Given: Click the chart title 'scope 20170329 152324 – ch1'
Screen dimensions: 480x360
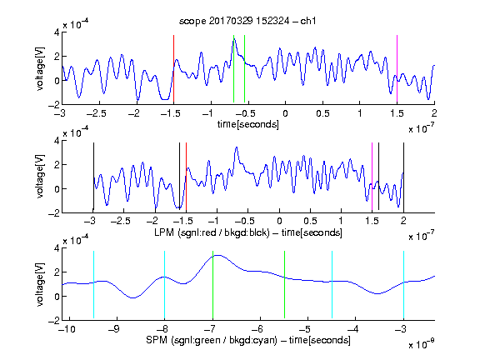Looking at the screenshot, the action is pos(247,21).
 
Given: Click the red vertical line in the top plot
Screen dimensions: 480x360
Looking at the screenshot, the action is pos(173,68).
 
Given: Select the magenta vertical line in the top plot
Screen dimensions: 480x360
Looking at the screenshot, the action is pos(397,68).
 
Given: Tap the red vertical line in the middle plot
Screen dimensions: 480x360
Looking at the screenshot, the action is pos(186,177).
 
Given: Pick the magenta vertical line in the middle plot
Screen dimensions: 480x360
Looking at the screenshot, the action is pos(372,177).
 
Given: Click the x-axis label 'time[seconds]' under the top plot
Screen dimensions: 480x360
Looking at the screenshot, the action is pos(248,124).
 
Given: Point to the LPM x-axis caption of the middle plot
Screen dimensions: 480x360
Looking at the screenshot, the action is pos(248,232).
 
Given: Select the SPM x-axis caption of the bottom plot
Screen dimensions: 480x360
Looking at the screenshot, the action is pos(248,340).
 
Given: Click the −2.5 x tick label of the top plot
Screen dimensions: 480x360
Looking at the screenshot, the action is pos(97,113).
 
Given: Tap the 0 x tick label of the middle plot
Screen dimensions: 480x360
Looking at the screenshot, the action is pos(279,221).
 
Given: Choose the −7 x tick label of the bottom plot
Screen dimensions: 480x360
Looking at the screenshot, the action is pos(209,329).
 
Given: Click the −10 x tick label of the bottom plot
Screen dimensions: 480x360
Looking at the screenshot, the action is pos(67,329).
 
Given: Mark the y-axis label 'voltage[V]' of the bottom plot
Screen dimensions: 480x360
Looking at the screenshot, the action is pos(40,284).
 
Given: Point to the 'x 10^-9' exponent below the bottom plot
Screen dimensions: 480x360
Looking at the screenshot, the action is pos(422,344).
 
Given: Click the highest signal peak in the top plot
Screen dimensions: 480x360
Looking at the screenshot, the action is pos(233,40).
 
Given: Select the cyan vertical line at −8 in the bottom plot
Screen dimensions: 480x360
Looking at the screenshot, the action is pos(164,285).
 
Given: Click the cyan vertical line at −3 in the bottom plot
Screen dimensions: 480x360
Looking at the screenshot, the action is pos(403,285).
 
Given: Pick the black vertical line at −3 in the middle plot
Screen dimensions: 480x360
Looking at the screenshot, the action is pos(93,177).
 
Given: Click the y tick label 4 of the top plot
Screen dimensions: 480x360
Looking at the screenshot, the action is pos(57,32).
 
